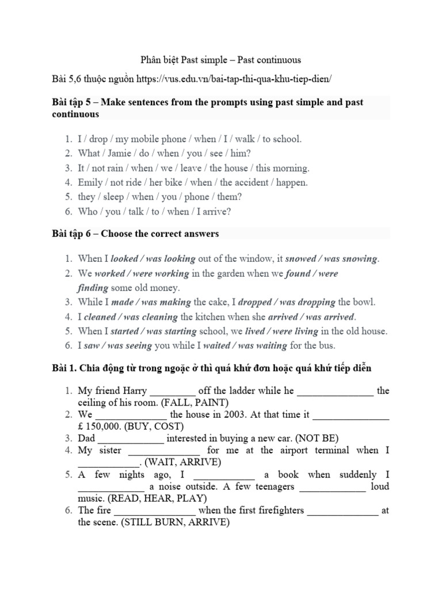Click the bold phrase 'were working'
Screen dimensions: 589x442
click(155, 274)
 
